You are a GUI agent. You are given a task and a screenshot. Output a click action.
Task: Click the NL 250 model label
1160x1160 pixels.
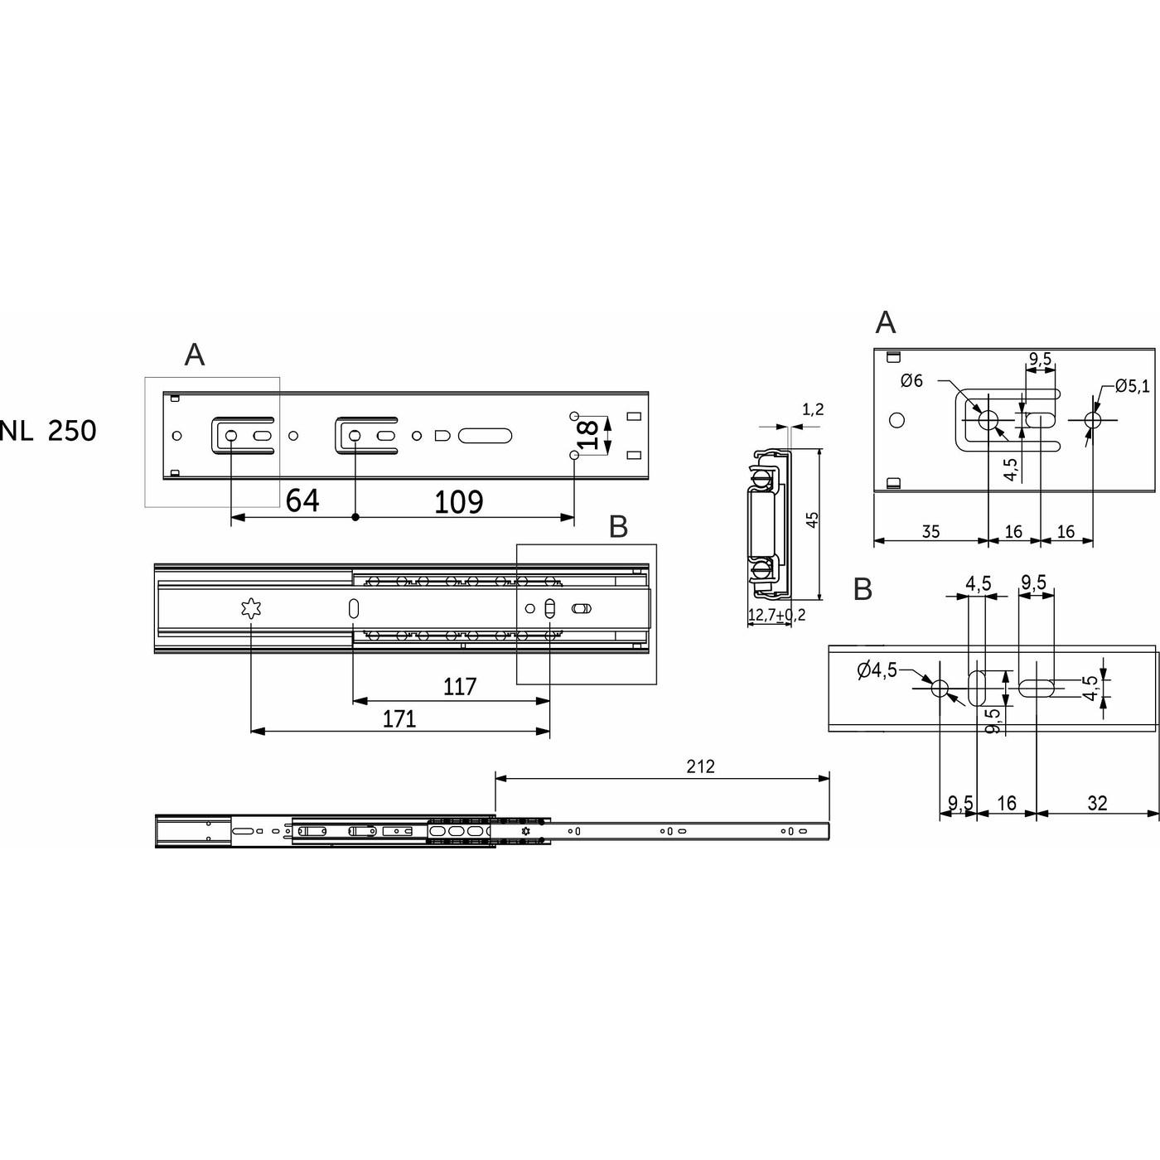point(48,431)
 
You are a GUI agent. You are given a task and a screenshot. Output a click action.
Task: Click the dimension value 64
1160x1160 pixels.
point(302,500)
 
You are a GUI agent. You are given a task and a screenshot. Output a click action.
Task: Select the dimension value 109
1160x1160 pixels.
point(459,501)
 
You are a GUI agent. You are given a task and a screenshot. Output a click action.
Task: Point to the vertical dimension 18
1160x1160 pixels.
point(587,435)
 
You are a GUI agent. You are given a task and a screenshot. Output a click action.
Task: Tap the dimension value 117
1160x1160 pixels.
point(459,687)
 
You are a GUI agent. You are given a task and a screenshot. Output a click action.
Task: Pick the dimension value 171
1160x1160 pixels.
point(399,718)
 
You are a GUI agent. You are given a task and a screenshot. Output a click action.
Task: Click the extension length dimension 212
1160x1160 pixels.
point(700,766)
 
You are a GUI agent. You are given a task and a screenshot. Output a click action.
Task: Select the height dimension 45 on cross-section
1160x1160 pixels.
point(813,520)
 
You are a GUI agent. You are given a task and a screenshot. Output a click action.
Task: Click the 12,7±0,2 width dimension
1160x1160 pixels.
point(776,615)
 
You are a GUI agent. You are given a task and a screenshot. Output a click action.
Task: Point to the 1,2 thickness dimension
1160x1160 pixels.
point(814,408)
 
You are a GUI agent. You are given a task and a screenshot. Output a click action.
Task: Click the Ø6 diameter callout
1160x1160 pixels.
point(911,381)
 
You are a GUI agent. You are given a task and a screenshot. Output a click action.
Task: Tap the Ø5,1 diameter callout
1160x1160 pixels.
point(1132,385)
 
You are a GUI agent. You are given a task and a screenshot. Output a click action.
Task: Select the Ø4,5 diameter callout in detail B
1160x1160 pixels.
point(877,669)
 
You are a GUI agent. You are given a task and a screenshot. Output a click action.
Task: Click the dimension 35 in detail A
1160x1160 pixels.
point(930,531)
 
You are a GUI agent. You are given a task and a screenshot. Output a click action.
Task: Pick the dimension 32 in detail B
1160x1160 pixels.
point(1097,803)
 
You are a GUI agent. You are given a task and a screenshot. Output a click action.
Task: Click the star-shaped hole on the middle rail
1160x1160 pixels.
point(250,609)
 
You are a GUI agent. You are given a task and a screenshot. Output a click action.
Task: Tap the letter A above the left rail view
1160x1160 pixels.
point(194,355)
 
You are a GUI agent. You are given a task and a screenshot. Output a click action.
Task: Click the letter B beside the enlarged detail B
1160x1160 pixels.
point(863,589)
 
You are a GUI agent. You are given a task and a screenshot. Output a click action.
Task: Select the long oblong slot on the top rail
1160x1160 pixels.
point(485,435)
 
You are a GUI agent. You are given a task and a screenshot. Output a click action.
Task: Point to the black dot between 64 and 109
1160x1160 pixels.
point(355,518)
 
